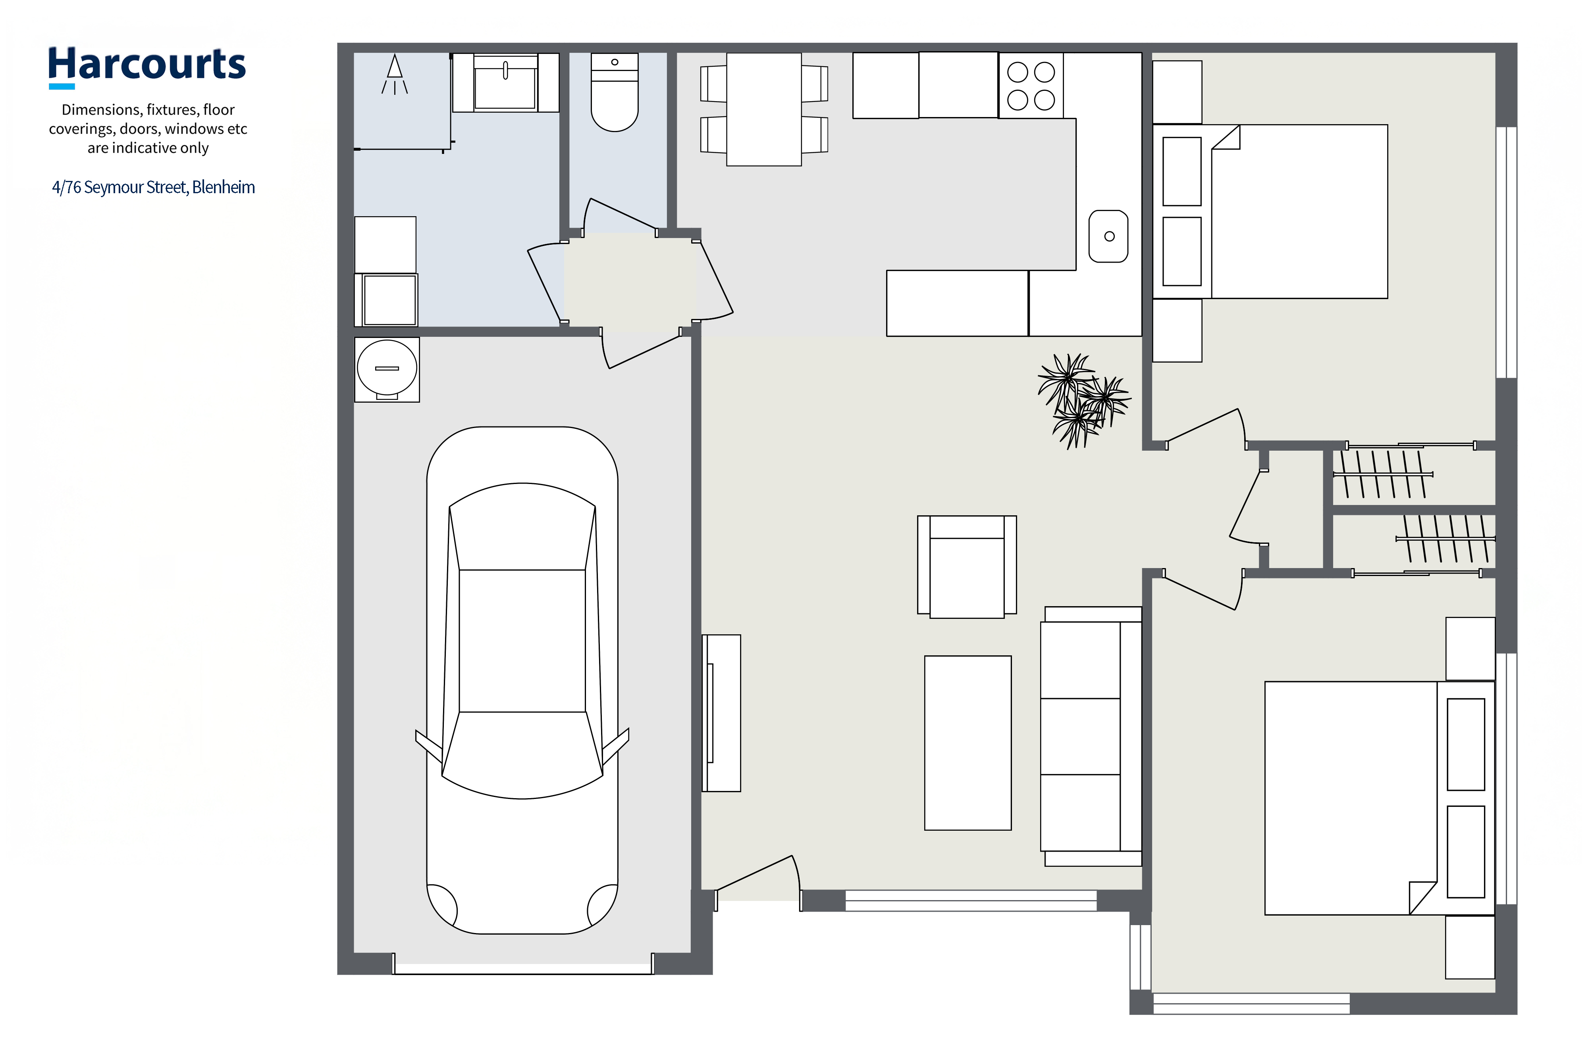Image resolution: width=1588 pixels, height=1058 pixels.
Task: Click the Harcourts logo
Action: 146,67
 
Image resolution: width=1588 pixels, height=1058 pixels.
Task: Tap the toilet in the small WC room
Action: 615,92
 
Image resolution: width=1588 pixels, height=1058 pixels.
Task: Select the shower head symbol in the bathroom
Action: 395,74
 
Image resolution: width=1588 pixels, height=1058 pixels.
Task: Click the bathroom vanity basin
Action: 505,83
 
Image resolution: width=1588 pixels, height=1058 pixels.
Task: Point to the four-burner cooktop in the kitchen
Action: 1031,86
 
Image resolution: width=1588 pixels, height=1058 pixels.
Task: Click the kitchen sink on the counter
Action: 1109,236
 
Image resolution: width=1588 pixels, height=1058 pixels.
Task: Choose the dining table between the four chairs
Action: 763,109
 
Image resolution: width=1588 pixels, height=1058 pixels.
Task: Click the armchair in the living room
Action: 967,567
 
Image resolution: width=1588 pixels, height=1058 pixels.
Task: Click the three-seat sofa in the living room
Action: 1091,736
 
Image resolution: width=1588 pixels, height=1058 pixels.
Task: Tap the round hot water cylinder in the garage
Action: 387,369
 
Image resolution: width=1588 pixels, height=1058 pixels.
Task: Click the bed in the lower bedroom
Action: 1379,798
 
